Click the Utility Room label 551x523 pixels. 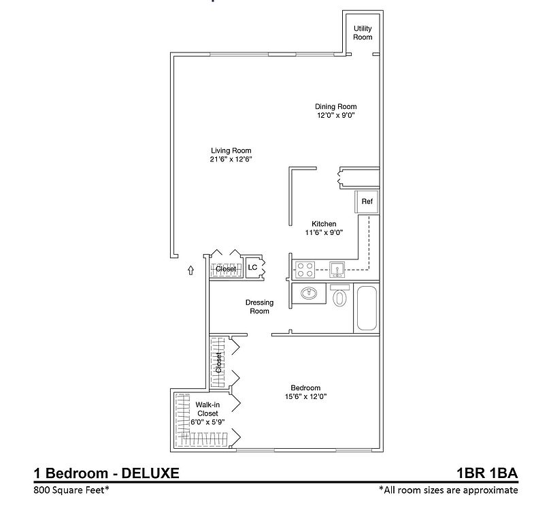coord(363,33)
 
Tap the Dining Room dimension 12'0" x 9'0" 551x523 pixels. coord(335,116)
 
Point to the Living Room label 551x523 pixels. coord(231,150)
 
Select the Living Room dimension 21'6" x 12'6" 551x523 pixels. coord(231,159)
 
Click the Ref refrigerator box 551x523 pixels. coord(367,202)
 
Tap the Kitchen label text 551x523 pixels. coord(324,223)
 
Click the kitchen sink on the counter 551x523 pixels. coord(337,268)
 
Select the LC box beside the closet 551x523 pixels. coord(252,268)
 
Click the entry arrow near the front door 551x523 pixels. coord(190,270)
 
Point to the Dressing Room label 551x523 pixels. coord(260,306)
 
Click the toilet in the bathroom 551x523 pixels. coord(340,297)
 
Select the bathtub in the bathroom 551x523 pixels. coord(366,308)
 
